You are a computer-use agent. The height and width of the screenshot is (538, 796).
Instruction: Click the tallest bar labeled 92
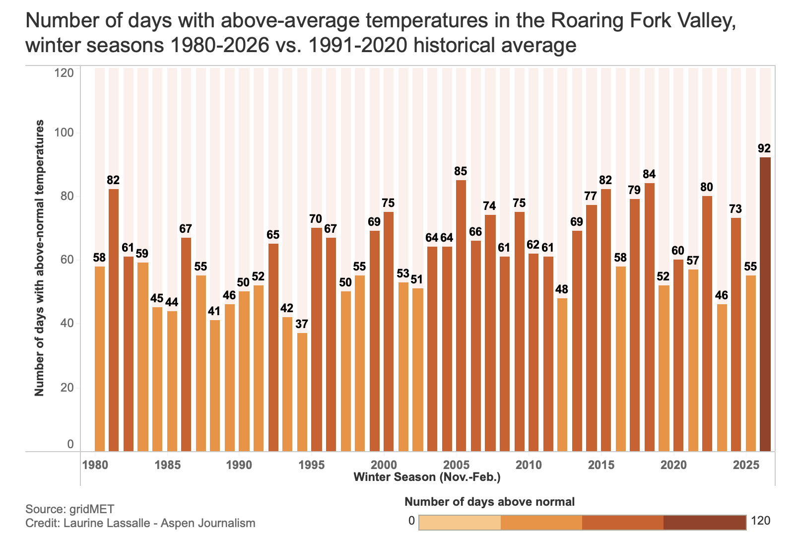(765, 304)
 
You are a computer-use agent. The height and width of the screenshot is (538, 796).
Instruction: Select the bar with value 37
(302, 392)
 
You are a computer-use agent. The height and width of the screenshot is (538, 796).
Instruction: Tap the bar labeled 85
(461, 316)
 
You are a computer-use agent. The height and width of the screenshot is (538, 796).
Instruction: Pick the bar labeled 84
(649, 317)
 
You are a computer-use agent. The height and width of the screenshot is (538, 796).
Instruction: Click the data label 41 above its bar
(214, 311)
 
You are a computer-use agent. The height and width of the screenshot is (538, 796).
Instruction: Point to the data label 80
(707, 187)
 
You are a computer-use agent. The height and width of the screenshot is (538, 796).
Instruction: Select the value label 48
(562, 289)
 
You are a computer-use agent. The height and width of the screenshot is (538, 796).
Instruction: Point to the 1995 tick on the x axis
(311, 465)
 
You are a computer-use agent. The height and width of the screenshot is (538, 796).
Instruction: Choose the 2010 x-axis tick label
(529, 465)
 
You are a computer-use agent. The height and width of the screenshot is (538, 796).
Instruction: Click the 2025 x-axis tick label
(746, 465)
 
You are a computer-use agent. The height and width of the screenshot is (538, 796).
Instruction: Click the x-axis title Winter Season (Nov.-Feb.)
(427, 477)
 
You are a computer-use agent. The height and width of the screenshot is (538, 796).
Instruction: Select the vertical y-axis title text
(39, 258)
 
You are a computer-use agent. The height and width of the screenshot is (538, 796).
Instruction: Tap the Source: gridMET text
(69, 509)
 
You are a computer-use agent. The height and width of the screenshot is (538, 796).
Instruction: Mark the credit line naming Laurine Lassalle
(140, 523)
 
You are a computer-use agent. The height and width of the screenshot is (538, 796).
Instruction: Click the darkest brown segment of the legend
(705, 522)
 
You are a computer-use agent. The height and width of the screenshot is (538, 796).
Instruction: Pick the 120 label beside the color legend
(761, 521)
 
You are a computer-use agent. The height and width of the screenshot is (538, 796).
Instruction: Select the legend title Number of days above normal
(489, 502)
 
